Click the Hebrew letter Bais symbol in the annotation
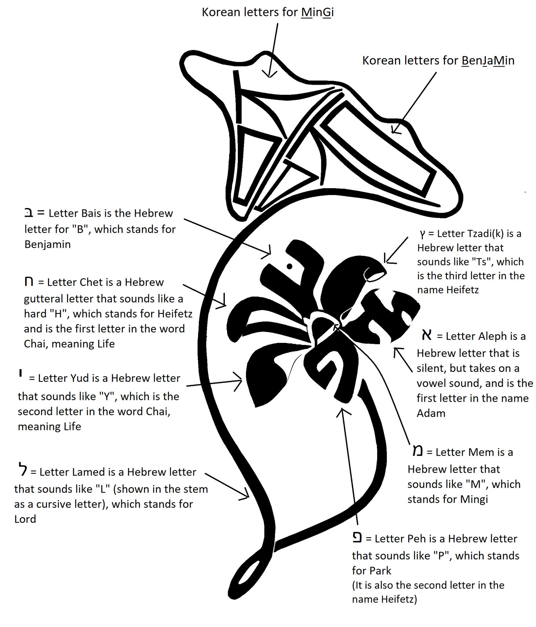click(x=29, y=213)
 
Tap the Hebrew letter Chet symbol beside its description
click(x=29, y=281)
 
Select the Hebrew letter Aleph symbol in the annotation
click(x=427, y=335)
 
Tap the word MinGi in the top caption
click(x=317, y=13)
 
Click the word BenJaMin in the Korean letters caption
click(x=488, y=61)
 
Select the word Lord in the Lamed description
click(x=25, y=519)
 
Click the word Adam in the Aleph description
click(x=431, y=413)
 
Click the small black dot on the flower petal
click(x=290, y=266)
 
